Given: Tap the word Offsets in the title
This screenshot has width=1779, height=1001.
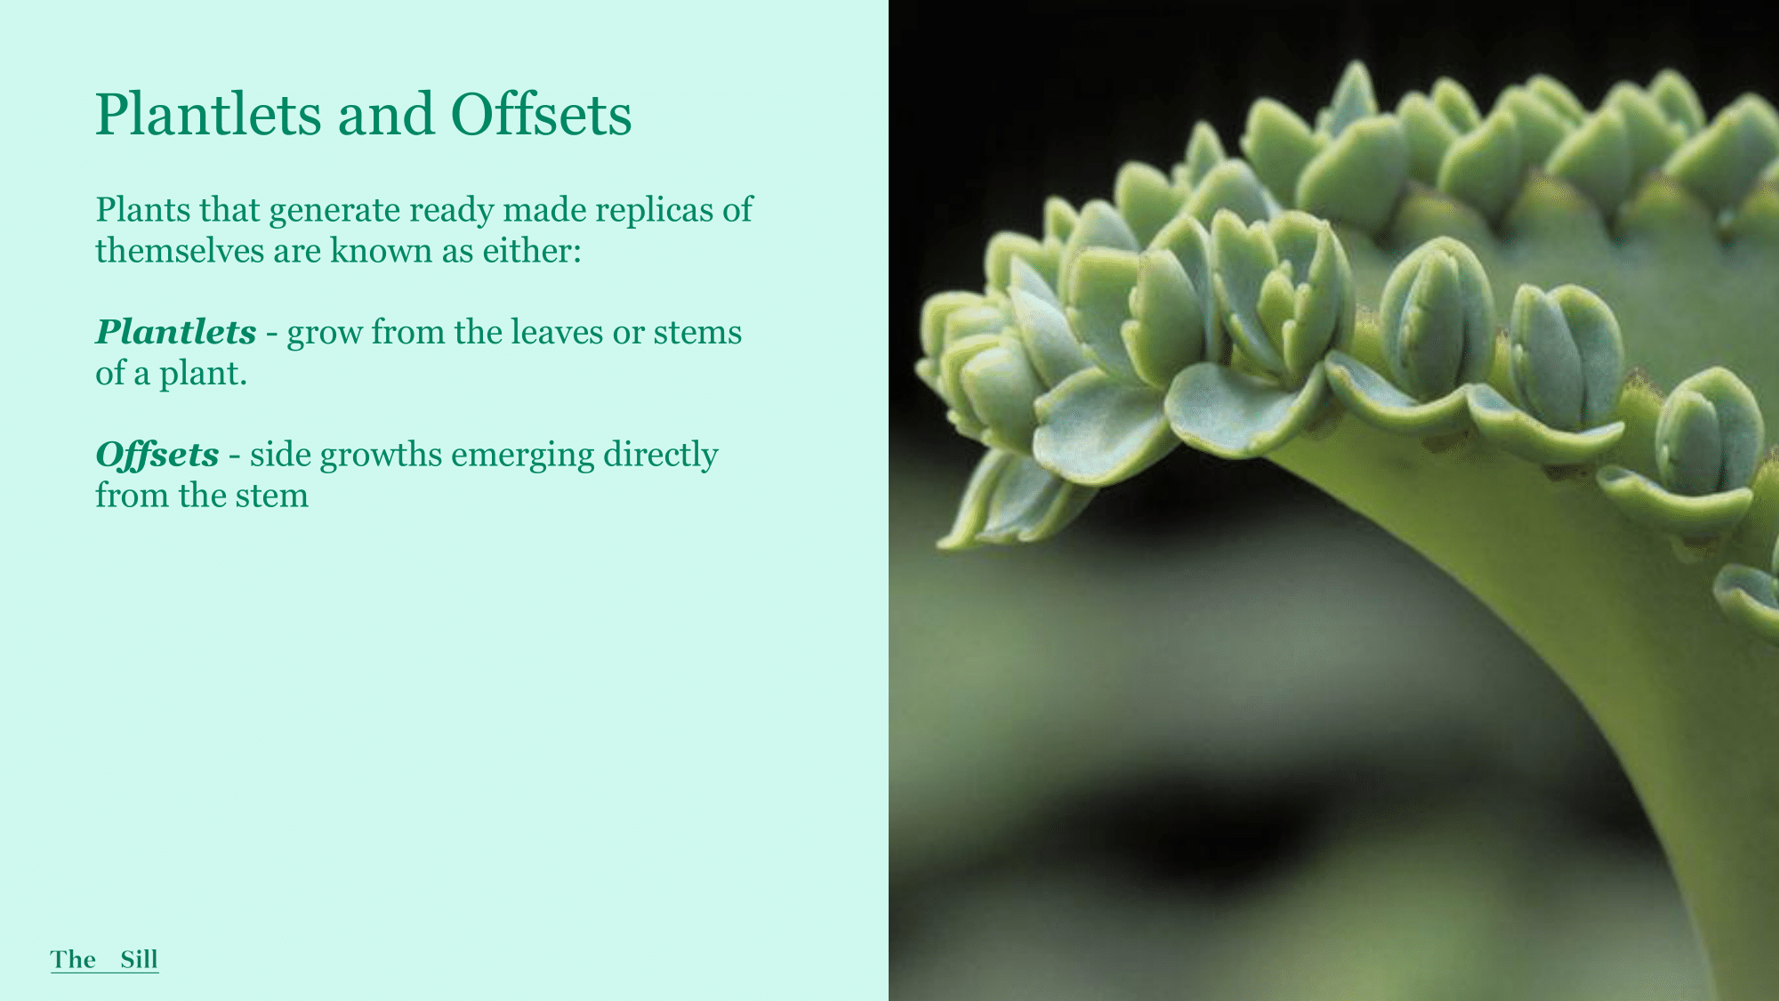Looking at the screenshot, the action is coord(541,114).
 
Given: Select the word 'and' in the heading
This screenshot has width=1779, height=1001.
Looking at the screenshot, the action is coord(386,114).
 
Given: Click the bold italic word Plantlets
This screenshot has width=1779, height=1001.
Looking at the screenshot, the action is coord(176,332).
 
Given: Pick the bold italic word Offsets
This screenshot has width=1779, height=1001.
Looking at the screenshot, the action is coord(157,455).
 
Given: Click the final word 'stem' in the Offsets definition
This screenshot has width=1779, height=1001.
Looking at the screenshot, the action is coord(272,496).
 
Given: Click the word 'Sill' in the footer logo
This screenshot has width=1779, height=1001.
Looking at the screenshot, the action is coord(140,959).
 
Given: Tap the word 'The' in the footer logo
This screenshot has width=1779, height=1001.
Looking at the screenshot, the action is coord(73,959).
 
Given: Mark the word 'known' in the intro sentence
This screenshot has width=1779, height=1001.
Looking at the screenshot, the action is coord(382,251).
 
